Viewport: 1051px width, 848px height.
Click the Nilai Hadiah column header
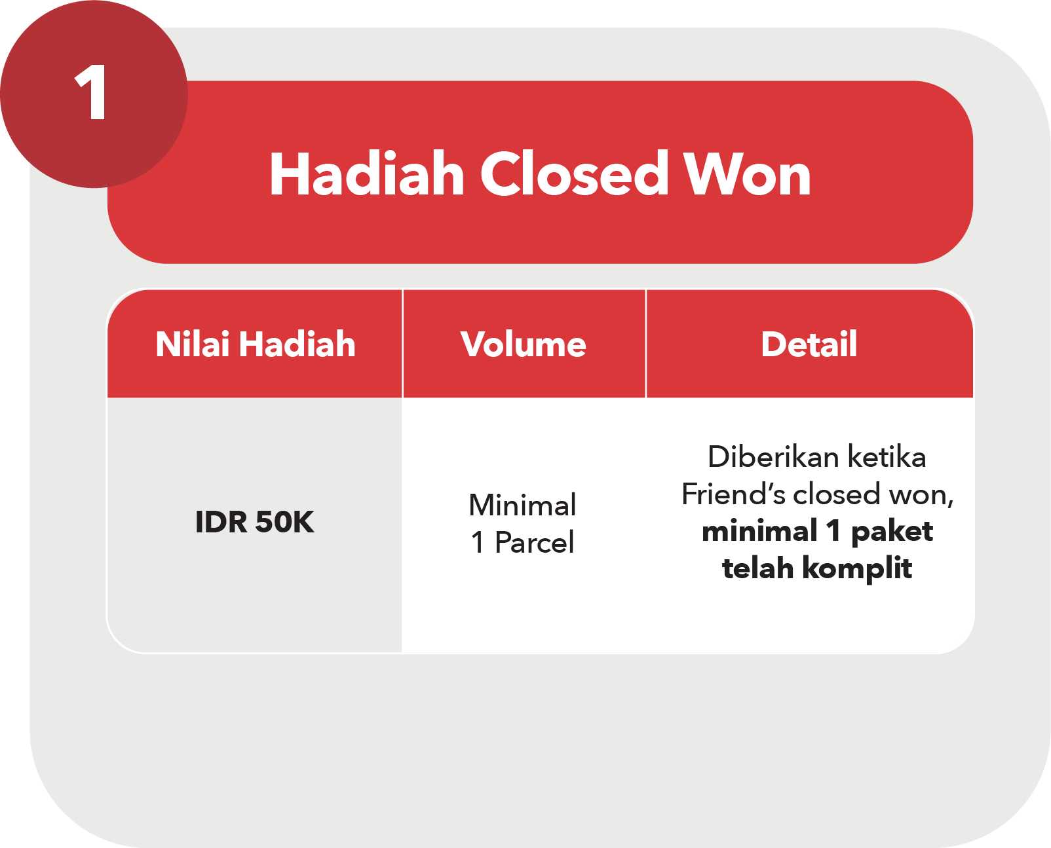256,344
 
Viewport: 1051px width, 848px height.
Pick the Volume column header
524,344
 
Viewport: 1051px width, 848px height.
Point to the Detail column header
809,344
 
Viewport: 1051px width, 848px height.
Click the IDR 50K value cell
255,521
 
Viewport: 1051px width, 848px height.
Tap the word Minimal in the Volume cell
522,505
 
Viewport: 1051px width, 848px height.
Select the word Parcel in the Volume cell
535,542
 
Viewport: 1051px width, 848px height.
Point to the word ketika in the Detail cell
887,456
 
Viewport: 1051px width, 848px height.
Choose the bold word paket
892,532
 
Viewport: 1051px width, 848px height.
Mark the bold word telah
757,568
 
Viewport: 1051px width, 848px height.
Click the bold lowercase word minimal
760,531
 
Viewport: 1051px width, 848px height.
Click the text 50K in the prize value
285,521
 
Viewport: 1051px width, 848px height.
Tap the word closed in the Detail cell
837,494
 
